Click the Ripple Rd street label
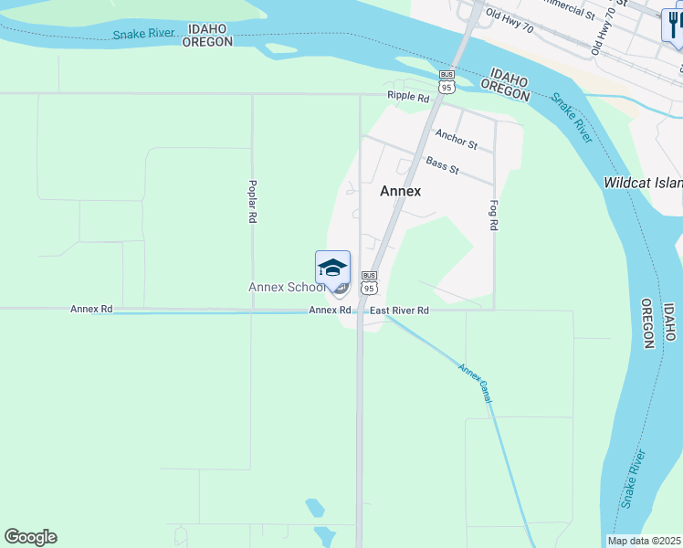[x=407, y=96]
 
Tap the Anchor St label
[x=456, y=139]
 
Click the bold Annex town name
[x=401, y=191]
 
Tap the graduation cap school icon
[x=332, y=268]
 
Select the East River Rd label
[x=399, y=311]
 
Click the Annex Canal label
[x=476, y=384]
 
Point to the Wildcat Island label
[x=643, y=183]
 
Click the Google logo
[x=30, y=537]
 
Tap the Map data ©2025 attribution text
[x=645, y=541]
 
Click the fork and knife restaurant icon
[x=673, y=25]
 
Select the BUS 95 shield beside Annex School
[x=369, y=282]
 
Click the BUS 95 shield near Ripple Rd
[x=446, y=82]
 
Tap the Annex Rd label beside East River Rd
[x=330, y=311]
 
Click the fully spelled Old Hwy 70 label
[x=510, y=22]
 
